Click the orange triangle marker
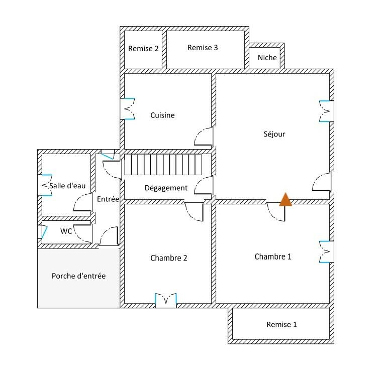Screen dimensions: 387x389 pos(285,199)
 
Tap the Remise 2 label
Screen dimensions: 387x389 pos(143,49)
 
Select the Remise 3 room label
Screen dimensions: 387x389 pos(203,48)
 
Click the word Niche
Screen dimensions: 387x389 pos(267,58)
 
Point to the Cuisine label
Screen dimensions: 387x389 pos(162,115)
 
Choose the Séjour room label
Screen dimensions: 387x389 pos(274,134)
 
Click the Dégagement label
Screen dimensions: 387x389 pos(166,188)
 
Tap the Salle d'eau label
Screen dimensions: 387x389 pos(67,186)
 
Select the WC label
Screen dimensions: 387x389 pos(66,231)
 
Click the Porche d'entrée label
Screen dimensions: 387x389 pos(78,276)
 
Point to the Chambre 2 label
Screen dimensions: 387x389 pos(169,258)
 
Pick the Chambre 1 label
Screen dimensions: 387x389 pos(273,256)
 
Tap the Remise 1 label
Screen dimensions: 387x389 pos(281,324)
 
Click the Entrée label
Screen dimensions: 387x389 pos(108,199)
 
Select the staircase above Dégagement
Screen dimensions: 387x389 pos(163,165)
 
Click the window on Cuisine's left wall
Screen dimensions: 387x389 pos(128,108)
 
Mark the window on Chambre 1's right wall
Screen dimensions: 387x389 pos(326,251)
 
